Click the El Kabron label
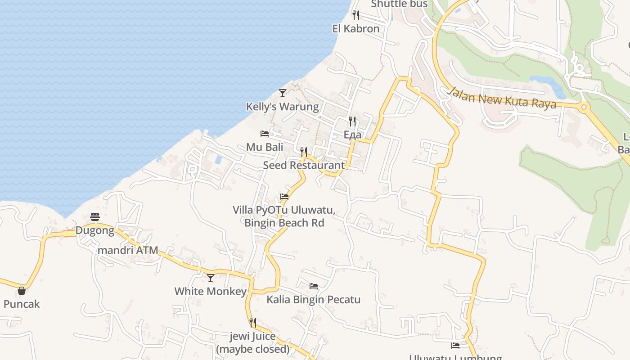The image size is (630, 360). [356, 29]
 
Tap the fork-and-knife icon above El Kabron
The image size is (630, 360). [356, 15]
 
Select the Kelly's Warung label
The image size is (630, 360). [282, 107]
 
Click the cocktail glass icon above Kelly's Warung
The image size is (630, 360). [283, 93]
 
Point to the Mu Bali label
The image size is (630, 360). [265, 147]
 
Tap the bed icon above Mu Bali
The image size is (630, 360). [265, 134]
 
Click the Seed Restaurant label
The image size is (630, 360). [304, 165]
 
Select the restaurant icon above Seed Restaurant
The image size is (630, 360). [304, 152]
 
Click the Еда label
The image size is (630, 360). [352, 135]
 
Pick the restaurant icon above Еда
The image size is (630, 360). [352, 121]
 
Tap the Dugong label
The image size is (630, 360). [95, 231]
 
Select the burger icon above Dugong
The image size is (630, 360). [95, 217]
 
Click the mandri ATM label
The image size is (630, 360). [128, 250]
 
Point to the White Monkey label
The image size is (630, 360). [211, 291]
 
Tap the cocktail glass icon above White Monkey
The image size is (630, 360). [211, 278]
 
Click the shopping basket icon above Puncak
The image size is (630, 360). [22, 291]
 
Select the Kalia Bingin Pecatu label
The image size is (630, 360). [314, 299]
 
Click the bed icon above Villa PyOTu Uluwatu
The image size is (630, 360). [284, 196]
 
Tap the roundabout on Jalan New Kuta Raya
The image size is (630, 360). [584, 107]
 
